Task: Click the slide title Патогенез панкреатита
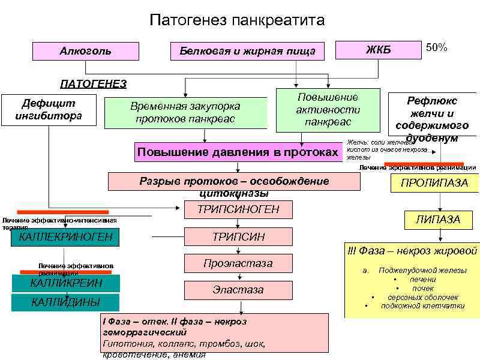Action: (x=237, y=21)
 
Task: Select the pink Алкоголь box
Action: (x=85, y=51)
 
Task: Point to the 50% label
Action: (x=436, y=47)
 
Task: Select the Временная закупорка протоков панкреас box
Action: (x=185, y=113)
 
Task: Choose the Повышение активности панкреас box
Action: (x=328, y=110)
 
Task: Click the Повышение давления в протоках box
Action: (x=238, y=152)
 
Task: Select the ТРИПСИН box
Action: (x=239, y=238)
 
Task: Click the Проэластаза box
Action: (x=239, y=263)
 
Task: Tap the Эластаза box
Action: (x=239, y=290)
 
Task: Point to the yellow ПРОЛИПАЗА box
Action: (x=434, y=183)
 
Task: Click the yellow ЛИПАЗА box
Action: (x=439, y=220)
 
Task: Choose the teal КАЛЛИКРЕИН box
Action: (x=66, y=283)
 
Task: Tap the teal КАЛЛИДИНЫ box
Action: (x=66, y=302)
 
